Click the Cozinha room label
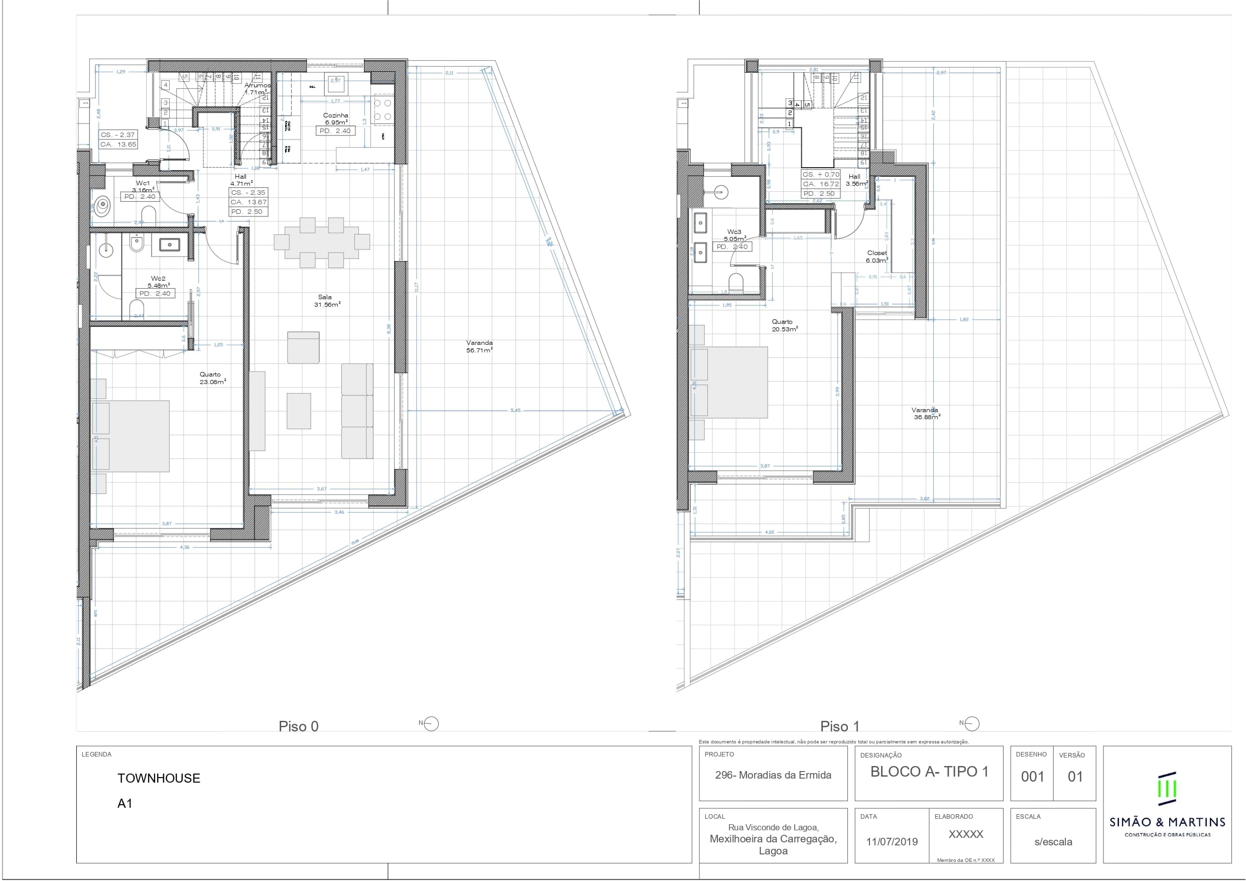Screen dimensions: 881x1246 pyautogui.click(x=335, y=115)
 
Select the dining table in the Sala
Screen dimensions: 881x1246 pyautogui.click(x=321, y=242)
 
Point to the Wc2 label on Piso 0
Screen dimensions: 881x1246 pyautogui.click(x=158, y=279)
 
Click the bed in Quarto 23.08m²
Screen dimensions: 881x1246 pyautogui.click(x=131, y=436)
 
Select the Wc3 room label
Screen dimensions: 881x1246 pyautogui.click(x=734, y=232)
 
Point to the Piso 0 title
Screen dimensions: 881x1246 pyautogui.click(x=299, y=726)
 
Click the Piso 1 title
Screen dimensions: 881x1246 pyautogui.click(x=839, y=726)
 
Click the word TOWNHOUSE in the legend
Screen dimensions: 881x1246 pyautogui.click(x=159, y=778)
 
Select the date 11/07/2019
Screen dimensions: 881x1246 pyautogui.click(x=892, y=841)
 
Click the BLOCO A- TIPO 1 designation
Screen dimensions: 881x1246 pyautogui.click(x=929, y=772)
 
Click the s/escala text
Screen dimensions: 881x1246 pyautogui.click(x=1053, y=842)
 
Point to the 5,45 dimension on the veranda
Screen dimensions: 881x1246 pyautogui.click(x=515, y=410)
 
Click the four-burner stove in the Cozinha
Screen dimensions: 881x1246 pyautogui.click(x=383, y=109)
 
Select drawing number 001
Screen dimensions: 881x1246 pyautogui.click(x=1032, y=777)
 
